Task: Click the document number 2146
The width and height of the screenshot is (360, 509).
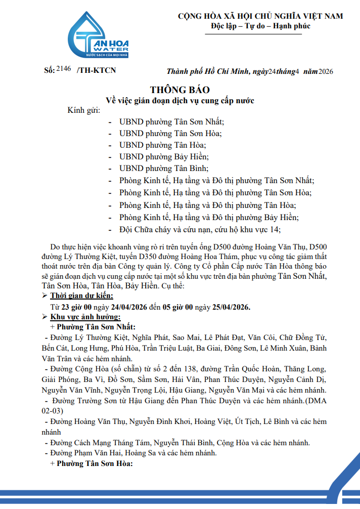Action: click(x=64, y=69)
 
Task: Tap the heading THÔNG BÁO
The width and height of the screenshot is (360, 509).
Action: click(x=179, y=90)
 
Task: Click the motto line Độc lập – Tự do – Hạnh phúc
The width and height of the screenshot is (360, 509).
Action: click(x=260, y=26)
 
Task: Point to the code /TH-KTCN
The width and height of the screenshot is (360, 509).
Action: click(x=96, y=70)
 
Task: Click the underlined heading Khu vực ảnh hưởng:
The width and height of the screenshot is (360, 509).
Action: click(x=85, y=317)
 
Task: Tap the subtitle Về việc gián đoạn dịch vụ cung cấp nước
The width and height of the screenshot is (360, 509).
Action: click(x=179, y=100)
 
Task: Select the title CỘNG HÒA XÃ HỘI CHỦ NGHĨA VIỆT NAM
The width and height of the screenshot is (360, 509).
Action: click(x=260, y=16)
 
